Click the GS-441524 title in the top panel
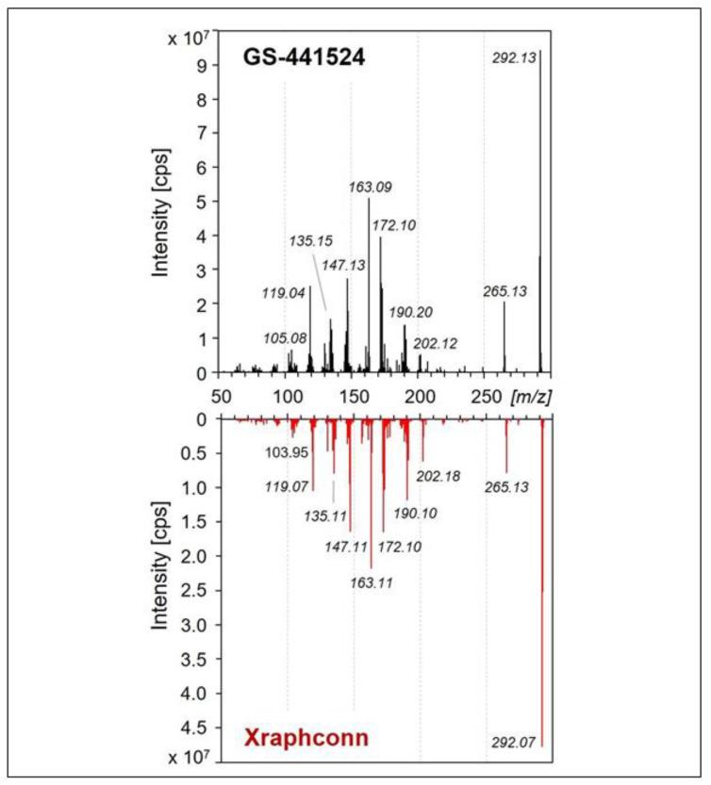tap(298, 57)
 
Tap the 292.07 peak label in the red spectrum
tap(514, 743)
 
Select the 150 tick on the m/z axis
tap(353, 395)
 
